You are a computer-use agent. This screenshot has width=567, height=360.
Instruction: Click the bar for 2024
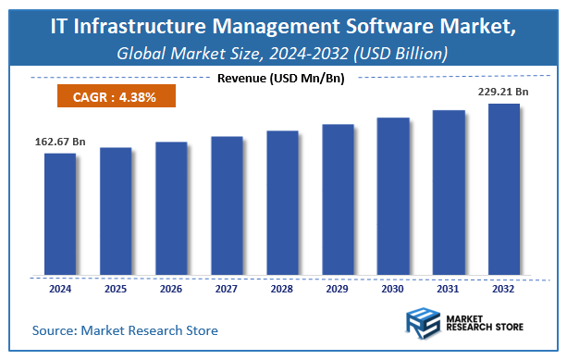pos(60,214)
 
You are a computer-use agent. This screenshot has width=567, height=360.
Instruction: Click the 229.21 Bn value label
pos(503,93)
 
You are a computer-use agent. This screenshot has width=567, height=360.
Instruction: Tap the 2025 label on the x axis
pos(116,289)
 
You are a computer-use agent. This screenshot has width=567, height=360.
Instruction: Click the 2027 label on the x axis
pos(227,289)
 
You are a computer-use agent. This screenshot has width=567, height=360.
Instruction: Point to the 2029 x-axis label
pos(338,289)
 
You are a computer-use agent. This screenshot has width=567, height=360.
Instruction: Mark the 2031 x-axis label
pos(449,289)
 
